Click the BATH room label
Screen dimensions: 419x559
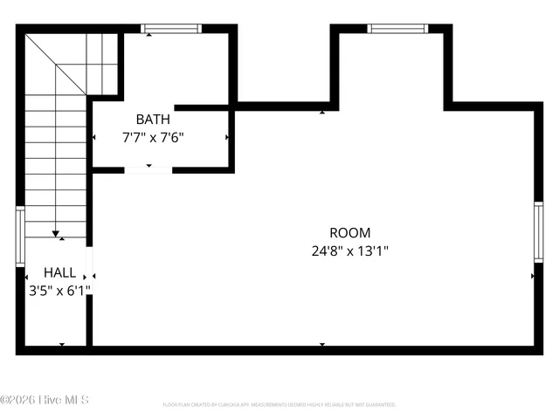[153, 119]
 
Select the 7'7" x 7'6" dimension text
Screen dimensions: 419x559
[153, 137]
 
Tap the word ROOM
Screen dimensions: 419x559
[349, 233]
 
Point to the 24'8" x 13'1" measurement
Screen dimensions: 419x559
[349, 251]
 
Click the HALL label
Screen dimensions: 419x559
[59, 272]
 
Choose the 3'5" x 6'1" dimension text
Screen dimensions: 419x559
[59, 290]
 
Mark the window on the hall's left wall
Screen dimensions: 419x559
[20, 236]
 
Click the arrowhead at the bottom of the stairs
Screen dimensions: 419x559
[57, 234]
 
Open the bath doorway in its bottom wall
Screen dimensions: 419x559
[148, 168]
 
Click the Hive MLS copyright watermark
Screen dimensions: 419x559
[45, 400]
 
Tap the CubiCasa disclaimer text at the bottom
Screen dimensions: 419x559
[279, 405]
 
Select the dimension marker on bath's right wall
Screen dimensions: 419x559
[228, 137]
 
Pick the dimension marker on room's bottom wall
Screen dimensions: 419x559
[322, 345]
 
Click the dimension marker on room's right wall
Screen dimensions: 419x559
[532, 276]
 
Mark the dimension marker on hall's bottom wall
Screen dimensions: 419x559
[61, 345]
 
